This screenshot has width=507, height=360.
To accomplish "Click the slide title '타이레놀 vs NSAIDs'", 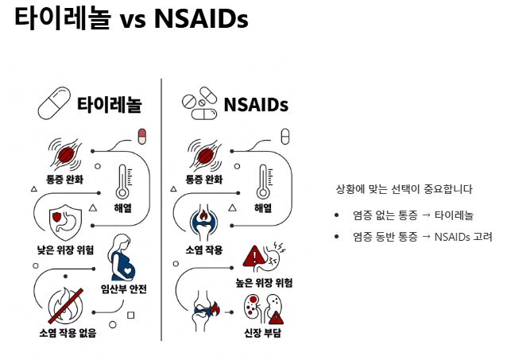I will coord(131,20).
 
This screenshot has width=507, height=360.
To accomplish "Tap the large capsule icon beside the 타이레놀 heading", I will coord(56,103).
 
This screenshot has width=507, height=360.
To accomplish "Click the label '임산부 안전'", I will coord(125,288).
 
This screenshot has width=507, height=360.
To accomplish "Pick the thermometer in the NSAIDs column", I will coord(263,182).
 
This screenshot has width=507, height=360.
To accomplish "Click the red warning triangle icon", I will coord(253,256).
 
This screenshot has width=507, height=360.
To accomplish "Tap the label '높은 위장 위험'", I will coord(265,282).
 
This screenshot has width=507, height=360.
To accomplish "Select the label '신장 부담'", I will coord(263,332).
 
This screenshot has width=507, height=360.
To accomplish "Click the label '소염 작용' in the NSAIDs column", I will coord(203,250).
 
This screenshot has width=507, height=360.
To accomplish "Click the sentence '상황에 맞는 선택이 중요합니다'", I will coord(404,189).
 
